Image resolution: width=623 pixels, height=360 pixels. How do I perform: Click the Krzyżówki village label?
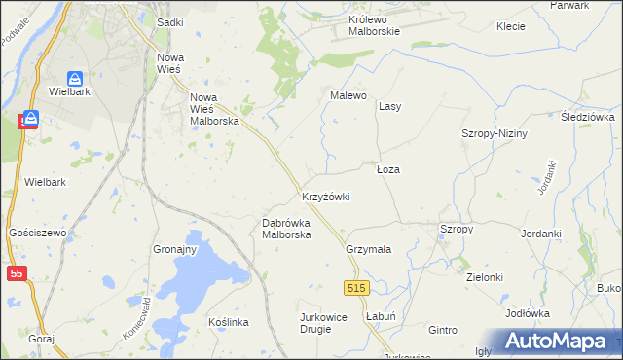325,197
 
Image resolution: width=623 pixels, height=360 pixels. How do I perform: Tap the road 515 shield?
356,288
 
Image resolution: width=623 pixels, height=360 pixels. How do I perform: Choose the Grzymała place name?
368,249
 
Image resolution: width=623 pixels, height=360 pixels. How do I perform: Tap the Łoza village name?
388,169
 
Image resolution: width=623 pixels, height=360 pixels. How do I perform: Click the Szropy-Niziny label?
494,133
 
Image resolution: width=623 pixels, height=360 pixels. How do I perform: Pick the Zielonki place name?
484,277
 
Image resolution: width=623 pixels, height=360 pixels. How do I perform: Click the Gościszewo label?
36,234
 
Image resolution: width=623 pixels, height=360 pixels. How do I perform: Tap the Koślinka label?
230,321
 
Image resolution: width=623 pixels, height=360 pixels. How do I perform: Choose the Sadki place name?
169,20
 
